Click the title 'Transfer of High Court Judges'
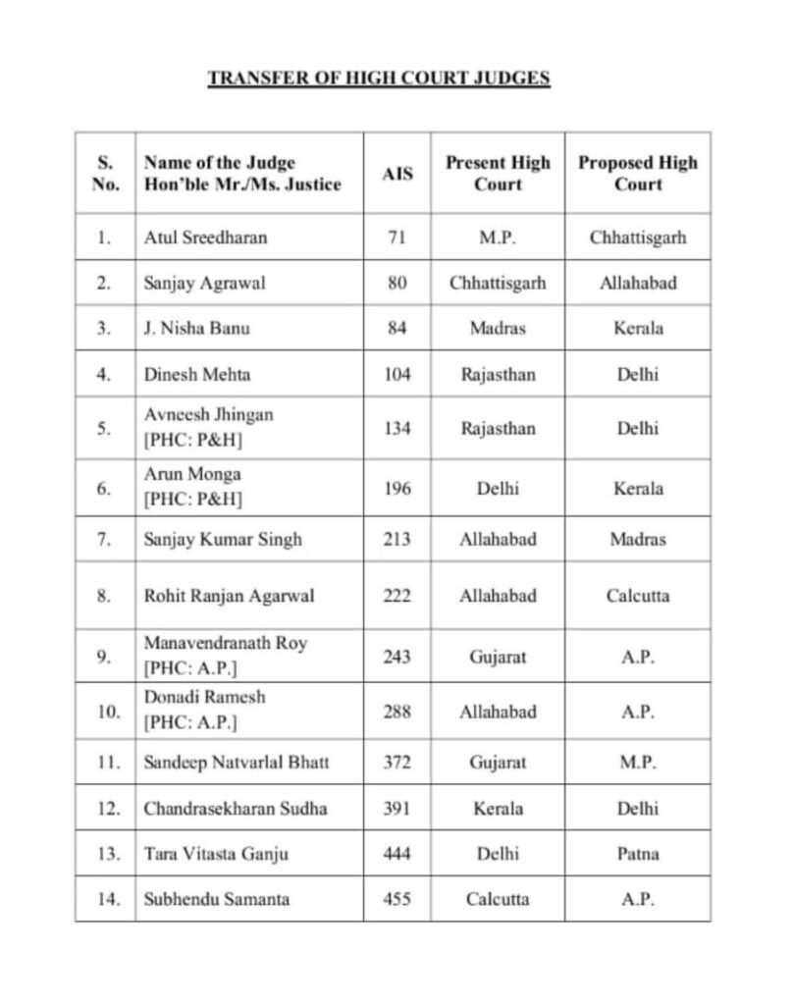pyautogui.click(x=379, y=79)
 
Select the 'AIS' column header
pyautogui.click(x=397, y=174)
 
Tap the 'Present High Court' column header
pyautogui.click(x=498, y=173)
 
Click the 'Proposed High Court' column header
pyautogui.click(x=638, y=173)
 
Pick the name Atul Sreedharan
pyautogui.click(x=205, y=238)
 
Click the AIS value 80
pyautogui.click(x=397, y=284)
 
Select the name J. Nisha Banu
pyautogui.click(x=196, y=328)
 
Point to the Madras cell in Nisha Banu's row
pyautogui.click(x=498, y=328)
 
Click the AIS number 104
pyautogui.click(x=397, y=374)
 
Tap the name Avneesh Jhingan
pyautogui.click(x=208, y=415)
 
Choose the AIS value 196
pyautogui.click(x=397, y=489)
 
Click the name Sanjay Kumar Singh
pyautogui.click(x=223, y=539)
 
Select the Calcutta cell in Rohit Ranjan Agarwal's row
pyautogui.click(x=638, y=596)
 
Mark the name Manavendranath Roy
pyautogui.click(x=225, y=644)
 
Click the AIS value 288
pyautogui.click(x=397, y=712)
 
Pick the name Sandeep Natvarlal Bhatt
pyautogui.click(x=237, y=762)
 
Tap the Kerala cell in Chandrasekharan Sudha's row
pyautogui.click(x=498, y=809)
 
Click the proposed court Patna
pyautogui.click(x=638, y=854)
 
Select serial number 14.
pyautogui.click(x=105, y=898)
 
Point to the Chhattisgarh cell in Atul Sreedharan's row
pyautogui.click(x=638, y=238)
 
